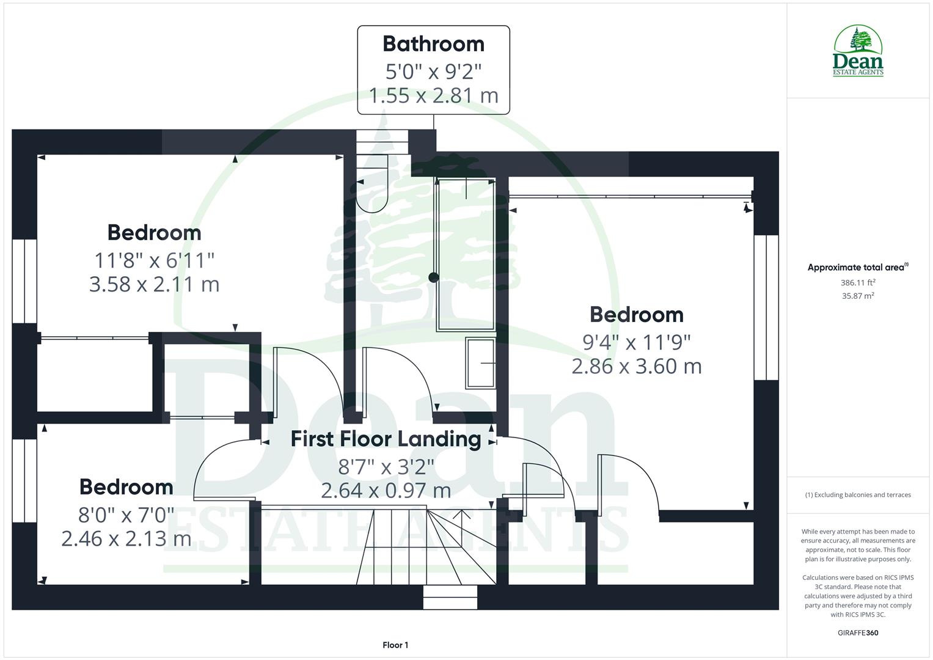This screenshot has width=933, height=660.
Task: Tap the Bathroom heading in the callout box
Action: coord(433,44)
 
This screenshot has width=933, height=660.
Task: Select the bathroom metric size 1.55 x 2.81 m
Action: coord(433,95)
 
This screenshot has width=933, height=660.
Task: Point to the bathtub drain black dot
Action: coord(433,277)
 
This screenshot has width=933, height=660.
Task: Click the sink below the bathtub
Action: coord(481,363)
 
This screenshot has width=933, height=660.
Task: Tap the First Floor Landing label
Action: coord(386,439)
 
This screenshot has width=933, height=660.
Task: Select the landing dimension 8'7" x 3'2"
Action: coord(386,467)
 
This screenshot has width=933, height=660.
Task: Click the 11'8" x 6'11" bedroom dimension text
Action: coord(154,260)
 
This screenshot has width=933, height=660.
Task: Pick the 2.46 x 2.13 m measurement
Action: coord(126,538)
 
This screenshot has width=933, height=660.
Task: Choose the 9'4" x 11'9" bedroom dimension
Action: coord(636,342)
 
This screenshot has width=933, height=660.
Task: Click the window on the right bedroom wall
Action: coord(766,307)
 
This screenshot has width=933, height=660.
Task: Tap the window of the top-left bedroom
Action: coord(24,280)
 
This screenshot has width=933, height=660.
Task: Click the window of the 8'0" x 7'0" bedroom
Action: coord(24,480)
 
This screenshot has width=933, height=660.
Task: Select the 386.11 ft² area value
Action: coord(858,283)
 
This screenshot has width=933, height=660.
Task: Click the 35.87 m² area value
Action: coord(858,296)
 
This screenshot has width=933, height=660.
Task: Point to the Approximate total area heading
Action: coord(857,268)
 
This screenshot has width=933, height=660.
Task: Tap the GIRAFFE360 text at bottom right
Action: coord(857,632)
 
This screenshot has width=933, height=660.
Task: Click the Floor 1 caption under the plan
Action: coord(395,645)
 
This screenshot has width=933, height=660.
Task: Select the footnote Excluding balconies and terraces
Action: coord(857,495)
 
